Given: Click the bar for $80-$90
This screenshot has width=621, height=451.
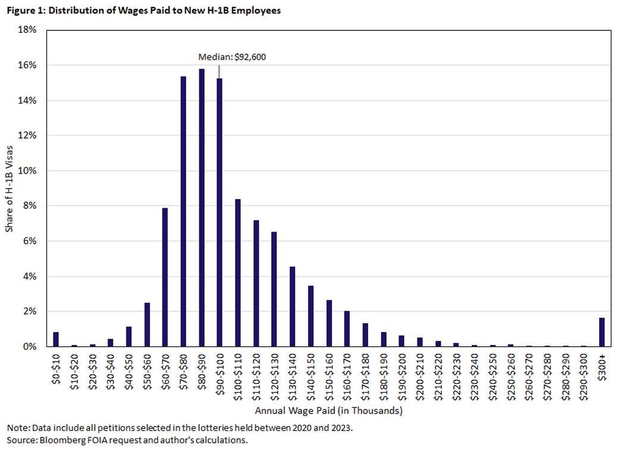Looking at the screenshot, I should coord(202,208).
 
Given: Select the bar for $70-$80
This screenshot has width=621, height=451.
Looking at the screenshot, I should coord(183,212).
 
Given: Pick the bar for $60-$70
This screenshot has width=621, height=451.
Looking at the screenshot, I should coord(165,277).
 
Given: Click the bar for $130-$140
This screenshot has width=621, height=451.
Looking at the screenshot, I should coord(292,306).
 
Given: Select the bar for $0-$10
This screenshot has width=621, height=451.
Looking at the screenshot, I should coord(56,339).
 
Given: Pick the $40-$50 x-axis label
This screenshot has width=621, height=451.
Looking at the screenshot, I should coord(129,372).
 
